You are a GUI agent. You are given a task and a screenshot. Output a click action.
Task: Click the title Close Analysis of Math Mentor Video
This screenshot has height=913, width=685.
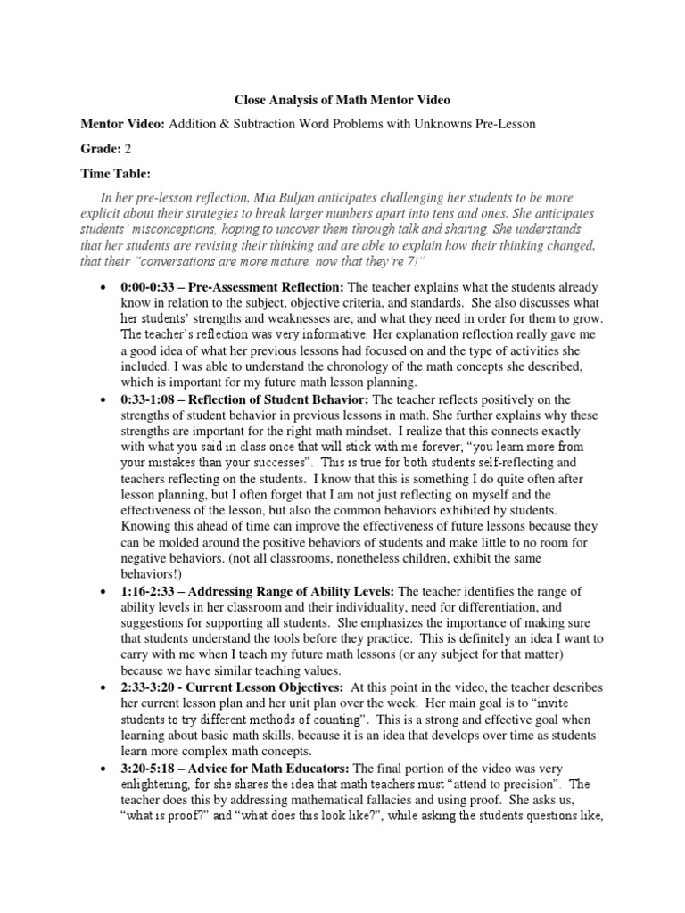[x=343, y=101]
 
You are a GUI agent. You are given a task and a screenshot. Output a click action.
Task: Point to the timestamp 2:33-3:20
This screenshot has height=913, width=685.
[x=146, y=687]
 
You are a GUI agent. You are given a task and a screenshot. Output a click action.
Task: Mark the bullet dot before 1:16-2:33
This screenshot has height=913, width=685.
[x=103, y=591]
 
